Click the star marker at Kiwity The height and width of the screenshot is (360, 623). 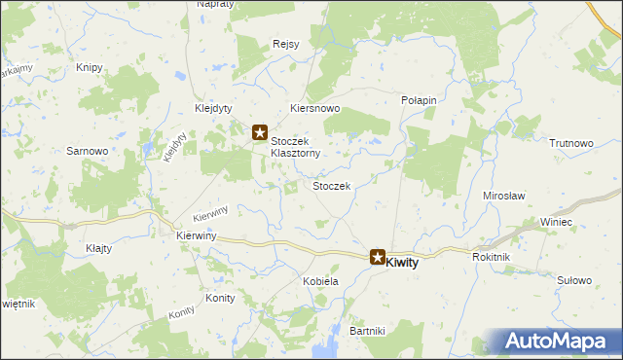coord(377,257)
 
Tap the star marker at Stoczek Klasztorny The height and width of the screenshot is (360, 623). coord(260,132)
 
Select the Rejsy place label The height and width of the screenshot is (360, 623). coord(285,43)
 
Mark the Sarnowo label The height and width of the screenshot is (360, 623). coord(86,151)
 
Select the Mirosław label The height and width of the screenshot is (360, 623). coord(504,196)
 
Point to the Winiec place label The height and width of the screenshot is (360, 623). coord(557,223)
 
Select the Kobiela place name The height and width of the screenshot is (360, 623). coord(320,281)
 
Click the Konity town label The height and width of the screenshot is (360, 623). coord(220,298)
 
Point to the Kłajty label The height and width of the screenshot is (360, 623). coord(98,248)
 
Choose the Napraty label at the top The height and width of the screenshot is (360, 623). coord(215,5)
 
